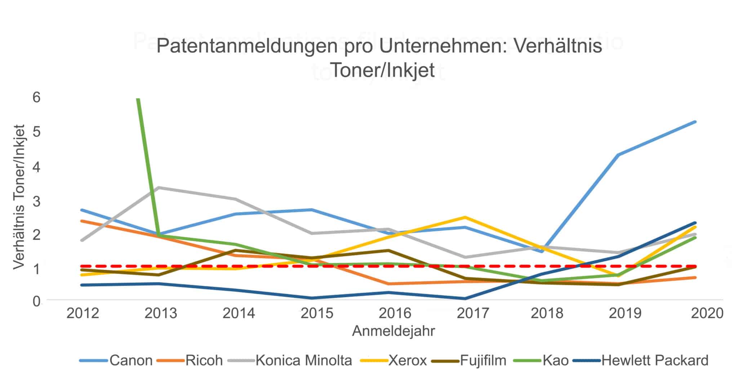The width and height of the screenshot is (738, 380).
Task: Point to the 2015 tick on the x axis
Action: tap(317, 313)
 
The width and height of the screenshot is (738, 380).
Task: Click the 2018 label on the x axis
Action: tap(547, 313)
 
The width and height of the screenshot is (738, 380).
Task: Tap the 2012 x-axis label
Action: tap(83, 313)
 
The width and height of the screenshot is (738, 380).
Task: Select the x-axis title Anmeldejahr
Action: tap(394, 331)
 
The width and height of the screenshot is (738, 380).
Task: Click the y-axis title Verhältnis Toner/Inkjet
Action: tap(19, 197)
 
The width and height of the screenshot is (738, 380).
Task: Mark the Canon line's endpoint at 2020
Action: tap(695, 122)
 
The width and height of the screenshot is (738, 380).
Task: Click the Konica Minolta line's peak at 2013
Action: tap(159, 187)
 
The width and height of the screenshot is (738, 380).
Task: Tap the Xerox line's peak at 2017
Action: tap(465, 217)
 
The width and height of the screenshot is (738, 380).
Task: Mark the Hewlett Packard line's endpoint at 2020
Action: tap(695, 223)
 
